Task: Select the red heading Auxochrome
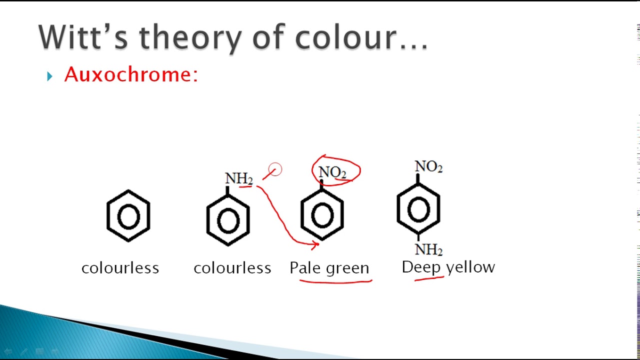131,75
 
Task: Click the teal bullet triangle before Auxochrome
49,76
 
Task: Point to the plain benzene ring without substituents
128,216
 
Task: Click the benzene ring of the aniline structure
228,220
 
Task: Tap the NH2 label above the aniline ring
238,178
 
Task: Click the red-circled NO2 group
332,172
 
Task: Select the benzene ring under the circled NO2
322,215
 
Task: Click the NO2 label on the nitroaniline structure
428,166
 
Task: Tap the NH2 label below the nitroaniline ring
428,249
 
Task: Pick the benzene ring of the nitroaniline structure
418,208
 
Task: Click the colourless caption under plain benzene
120,268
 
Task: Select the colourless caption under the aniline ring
232,268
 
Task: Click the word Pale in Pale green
305,268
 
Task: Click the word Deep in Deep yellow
421,267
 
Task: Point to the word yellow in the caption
470,267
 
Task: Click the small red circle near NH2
275,170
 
